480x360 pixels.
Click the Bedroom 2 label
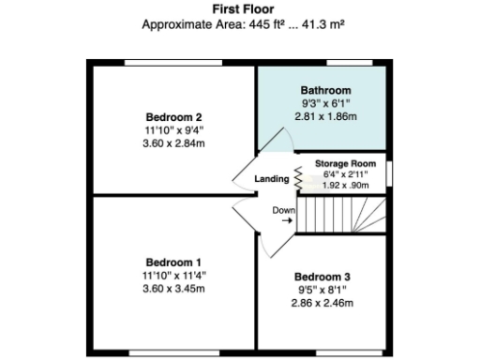[x=174, y=117]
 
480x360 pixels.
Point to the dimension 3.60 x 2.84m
[x=174, y=143]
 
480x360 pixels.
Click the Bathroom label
[x=325, y=90]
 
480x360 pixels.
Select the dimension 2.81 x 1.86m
[x=325, y=116]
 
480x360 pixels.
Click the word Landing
[x=272, y=178]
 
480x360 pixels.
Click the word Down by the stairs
[x=283, y=210]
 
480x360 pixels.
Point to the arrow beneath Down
[x=285, y=221]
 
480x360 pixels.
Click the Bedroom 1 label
[x=174, y=262]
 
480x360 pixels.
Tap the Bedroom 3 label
[x=322, y=277]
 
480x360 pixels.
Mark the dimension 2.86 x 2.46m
[x=322, y=303]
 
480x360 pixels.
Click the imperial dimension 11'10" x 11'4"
[x=174, y=275]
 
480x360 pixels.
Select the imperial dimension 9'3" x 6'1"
[x=325, y=103]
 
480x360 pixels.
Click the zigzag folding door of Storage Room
[x=300, y=174]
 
